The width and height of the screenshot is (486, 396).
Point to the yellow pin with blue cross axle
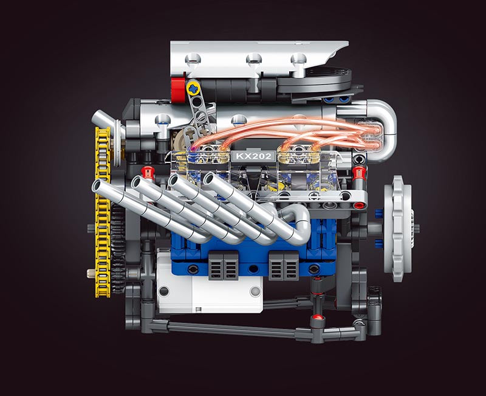(194, 89)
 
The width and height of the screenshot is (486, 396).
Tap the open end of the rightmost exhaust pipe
(210, 180)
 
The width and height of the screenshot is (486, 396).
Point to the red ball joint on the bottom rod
(317, 318)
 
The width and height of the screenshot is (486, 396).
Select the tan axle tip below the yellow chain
(91, 273)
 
